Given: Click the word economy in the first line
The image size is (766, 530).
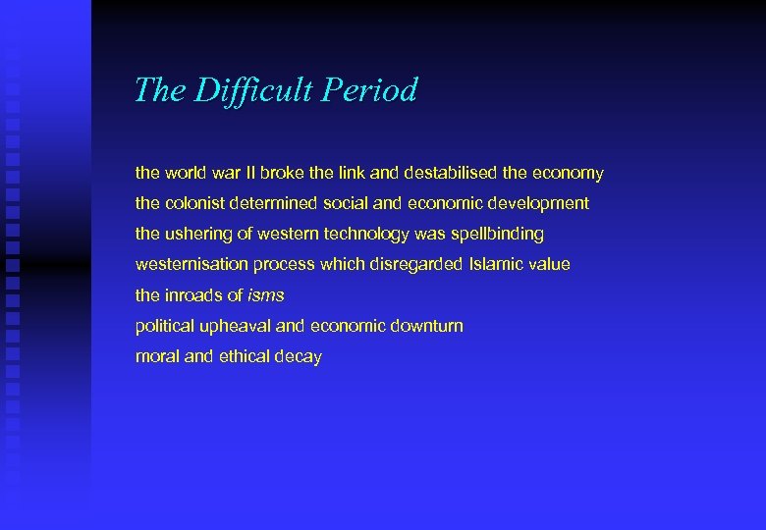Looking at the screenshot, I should [568, 174].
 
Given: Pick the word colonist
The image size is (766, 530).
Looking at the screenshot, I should [194, 203].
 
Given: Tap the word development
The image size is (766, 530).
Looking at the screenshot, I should [539, 203].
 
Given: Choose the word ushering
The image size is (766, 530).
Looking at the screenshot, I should [195, 235].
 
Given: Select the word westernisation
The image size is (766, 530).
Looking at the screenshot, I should [191, 265].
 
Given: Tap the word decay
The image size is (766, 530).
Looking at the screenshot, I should [299, 357].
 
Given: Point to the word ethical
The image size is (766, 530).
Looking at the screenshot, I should [245, 356].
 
